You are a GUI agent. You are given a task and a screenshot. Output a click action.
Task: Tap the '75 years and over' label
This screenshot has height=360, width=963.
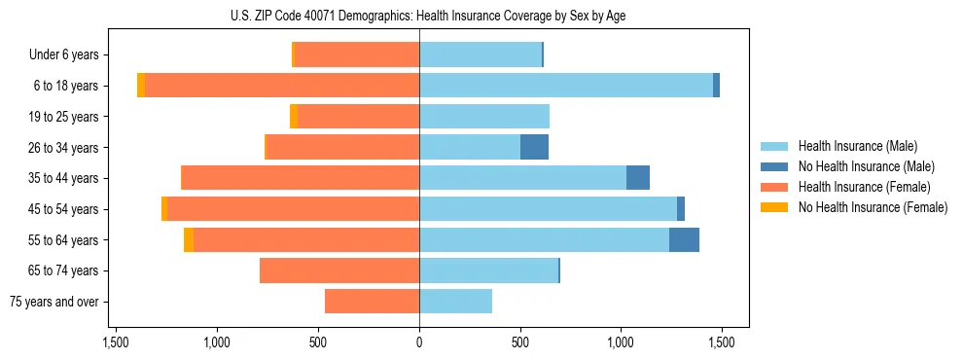(54, 302)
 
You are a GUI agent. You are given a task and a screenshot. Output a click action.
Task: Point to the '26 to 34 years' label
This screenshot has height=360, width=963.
(65, 148)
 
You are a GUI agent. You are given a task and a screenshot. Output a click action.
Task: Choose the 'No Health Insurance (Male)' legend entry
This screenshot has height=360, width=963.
(866, 166)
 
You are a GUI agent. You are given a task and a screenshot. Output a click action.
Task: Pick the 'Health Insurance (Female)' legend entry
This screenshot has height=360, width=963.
(864, 187)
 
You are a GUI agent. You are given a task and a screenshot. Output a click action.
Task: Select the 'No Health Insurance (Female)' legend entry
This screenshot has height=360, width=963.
(873, 207)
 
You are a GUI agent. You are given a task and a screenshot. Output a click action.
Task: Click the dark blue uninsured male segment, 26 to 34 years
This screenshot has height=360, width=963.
(534, 147)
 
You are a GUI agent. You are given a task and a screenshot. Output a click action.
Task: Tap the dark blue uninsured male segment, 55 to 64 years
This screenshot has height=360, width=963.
(684, 239)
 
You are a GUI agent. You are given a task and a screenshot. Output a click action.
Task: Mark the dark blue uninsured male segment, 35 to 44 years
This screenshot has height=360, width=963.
(637, 178)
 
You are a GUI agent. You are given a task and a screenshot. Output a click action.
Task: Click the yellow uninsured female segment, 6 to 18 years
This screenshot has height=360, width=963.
(141, 86)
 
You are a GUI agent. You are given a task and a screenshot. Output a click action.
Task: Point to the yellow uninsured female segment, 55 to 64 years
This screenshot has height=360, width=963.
(189, 239)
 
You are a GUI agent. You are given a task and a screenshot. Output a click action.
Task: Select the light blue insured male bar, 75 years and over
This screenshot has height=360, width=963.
(455, 302)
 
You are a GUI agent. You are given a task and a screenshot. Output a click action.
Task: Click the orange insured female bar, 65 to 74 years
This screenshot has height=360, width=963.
(339, 270)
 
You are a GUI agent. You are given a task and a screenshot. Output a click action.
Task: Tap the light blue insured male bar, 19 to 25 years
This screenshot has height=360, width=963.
(484, 117)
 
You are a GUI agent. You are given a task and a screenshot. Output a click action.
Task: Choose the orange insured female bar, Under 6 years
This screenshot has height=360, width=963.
(356, 55)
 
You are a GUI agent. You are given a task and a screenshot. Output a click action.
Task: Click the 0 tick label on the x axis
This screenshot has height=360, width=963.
(419, 342)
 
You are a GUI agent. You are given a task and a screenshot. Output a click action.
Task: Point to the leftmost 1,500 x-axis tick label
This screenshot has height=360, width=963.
(116, 342)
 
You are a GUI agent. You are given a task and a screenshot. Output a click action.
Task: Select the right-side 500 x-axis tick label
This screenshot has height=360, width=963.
(520, 342)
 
